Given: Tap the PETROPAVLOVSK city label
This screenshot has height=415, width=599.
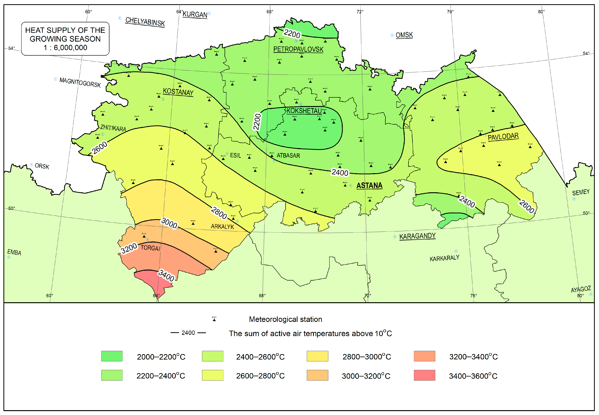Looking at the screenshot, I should point(298,49).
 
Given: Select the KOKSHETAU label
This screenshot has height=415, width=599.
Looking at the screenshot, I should point(304,111).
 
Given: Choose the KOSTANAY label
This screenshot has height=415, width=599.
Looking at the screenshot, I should point(178,92).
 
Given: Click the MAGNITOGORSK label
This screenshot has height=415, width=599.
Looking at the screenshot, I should point(80,82).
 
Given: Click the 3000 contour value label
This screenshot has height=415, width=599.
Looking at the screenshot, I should point(169,223).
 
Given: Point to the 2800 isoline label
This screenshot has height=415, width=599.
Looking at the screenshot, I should point(219,213).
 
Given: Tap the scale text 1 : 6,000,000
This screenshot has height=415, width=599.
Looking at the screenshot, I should point(65,48).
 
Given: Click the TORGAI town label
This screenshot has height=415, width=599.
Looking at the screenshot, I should point(150,248).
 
